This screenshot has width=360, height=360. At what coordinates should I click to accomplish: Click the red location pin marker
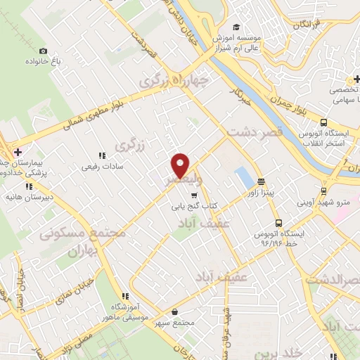click(x=181, y=165)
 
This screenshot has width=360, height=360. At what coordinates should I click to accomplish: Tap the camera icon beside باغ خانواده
click(x=44, y=51)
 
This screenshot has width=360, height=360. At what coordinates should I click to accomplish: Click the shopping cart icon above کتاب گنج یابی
click(x=193, y=195)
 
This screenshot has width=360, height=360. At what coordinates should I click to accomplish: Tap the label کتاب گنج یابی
click(x=193, y=207)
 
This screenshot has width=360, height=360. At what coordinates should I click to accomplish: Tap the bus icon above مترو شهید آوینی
click(x=323, y=189)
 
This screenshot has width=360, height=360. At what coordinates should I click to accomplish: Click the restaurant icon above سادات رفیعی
click(x=102, y=155)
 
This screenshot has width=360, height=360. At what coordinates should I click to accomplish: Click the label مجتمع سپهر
click(x=176, y=321)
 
